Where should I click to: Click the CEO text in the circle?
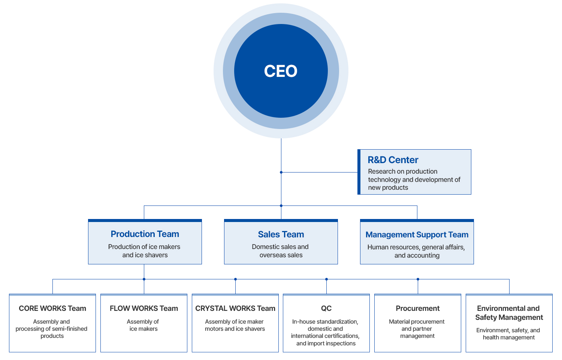281,71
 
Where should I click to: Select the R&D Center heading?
393,160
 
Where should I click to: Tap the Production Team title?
145,234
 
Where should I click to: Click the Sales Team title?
281,234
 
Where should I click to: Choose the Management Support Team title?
417,235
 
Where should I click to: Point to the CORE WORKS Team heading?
52,308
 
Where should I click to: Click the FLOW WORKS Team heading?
144,308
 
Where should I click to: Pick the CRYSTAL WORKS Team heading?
235,308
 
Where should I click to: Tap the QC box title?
326,308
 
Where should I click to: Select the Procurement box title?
418,308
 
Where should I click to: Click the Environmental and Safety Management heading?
509,313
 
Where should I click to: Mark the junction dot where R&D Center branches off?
281,172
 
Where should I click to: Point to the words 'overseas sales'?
281,255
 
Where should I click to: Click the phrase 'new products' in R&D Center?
388,187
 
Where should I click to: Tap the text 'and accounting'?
417,255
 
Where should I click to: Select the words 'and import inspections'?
326,343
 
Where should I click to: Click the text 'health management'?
509,337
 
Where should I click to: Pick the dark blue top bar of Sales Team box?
281,220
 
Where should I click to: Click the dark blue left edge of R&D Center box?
359,172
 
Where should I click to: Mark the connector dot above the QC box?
326,279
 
